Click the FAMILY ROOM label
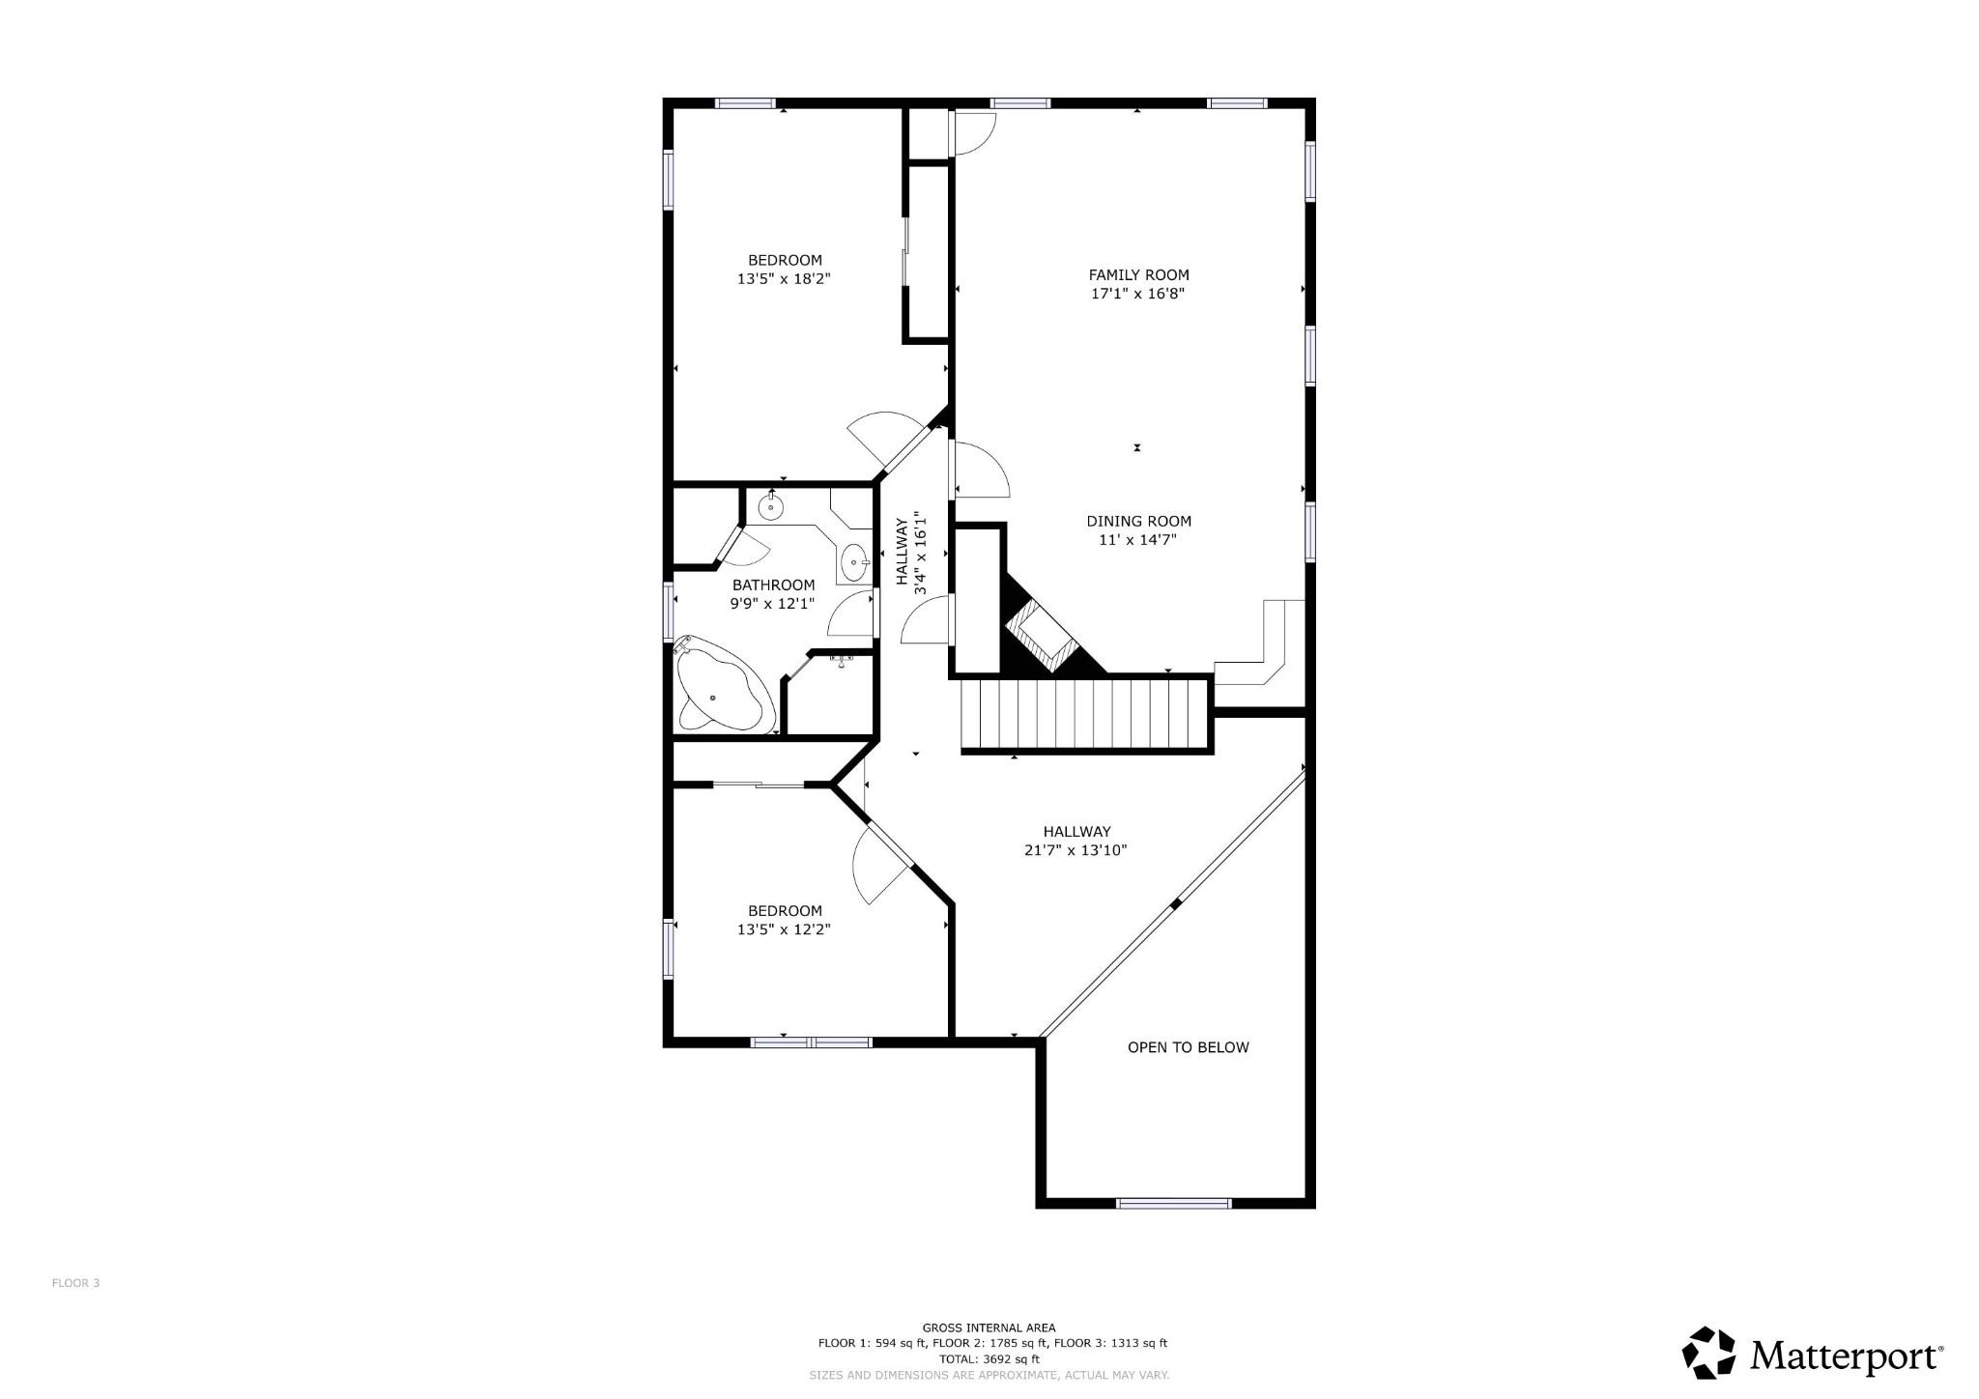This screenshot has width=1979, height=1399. pos(1138,274)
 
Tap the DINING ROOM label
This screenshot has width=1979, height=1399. pos(1138,521)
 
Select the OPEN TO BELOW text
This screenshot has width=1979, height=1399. pos(1188,1047)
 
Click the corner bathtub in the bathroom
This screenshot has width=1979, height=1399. pos(720,687)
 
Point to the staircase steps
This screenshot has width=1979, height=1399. pos(1084,714)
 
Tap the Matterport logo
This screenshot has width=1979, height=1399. pos(1813,1356)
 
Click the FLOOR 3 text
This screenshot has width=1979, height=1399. pos(75,1283)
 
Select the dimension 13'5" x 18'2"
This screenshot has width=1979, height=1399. pos(784,279)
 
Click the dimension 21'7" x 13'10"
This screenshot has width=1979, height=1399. pos(1076,851)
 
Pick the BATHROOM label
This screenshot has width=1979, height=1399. pos(773,585)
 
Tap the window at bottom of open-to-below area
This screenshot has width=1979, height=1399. pos(1173,1203)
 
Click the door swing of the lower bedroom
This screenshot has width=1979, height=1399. pos(877,865)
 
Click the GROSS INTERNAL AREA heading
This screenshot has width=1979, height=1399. pos(989,1328)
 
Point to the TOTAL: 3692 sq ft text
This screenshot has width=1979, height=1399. pos(989,1357)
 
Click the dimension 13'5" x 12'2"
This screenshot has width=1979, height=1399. pos(784,930)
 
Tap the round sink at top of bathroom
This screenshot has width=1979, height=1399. pos(771,505)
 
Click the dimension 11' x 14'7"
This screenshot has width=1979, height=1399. pos(1137,540)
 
